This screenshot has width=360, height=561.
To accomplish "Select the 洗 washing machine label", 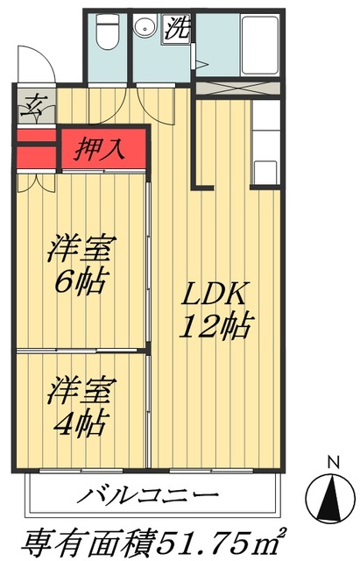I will [178, 27].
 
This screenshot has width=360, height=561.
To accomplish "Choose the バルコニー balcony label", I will [145, 496].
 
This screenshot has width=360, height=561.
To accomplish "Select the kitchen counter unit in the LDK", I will [265, 145].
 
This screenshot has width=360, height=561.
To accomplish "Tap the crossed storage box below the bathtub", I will [237, 88].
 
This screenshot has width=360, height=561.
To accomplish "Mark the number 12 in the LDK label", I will [198, 327].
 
